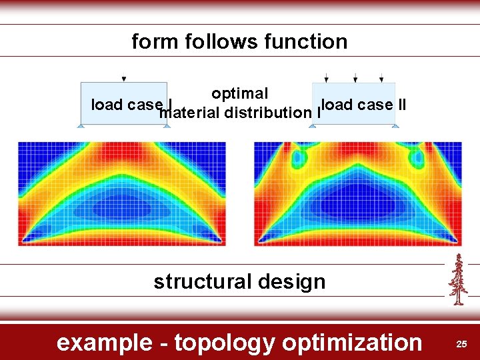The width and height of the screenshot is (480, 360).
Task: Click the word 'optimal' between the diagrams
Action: tap(239, 94)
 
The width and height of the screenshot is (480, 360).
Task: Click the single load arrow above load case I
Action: tap(124, 77)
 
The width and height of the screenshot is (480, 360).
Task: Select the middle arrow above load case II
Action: tap(355, 77)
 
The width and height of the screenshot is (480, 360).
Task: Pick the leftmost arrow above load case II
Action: tap(326, 77)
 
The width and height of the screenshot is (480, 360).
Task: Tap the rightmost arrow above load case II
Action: tap(381, 77)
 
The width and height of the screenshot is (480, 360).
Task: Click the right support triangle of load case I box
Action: tap(166, 125)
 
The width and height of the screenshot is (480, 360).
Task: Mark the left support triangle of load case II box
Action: tap(312, 125)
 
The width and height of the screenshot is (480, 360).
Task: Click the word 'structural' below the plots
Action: tap(201, 281)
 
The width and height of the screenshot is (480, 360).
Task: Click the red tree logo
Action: tap(457, 279)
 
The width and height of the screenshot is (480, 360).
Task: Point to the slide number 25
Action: tap(461, 343)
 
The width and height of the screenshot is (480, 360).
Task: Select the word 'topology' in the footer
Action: tap(224, 343)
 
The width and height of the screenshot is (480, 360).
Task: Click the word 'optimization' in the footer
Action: tap(352, 343)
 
